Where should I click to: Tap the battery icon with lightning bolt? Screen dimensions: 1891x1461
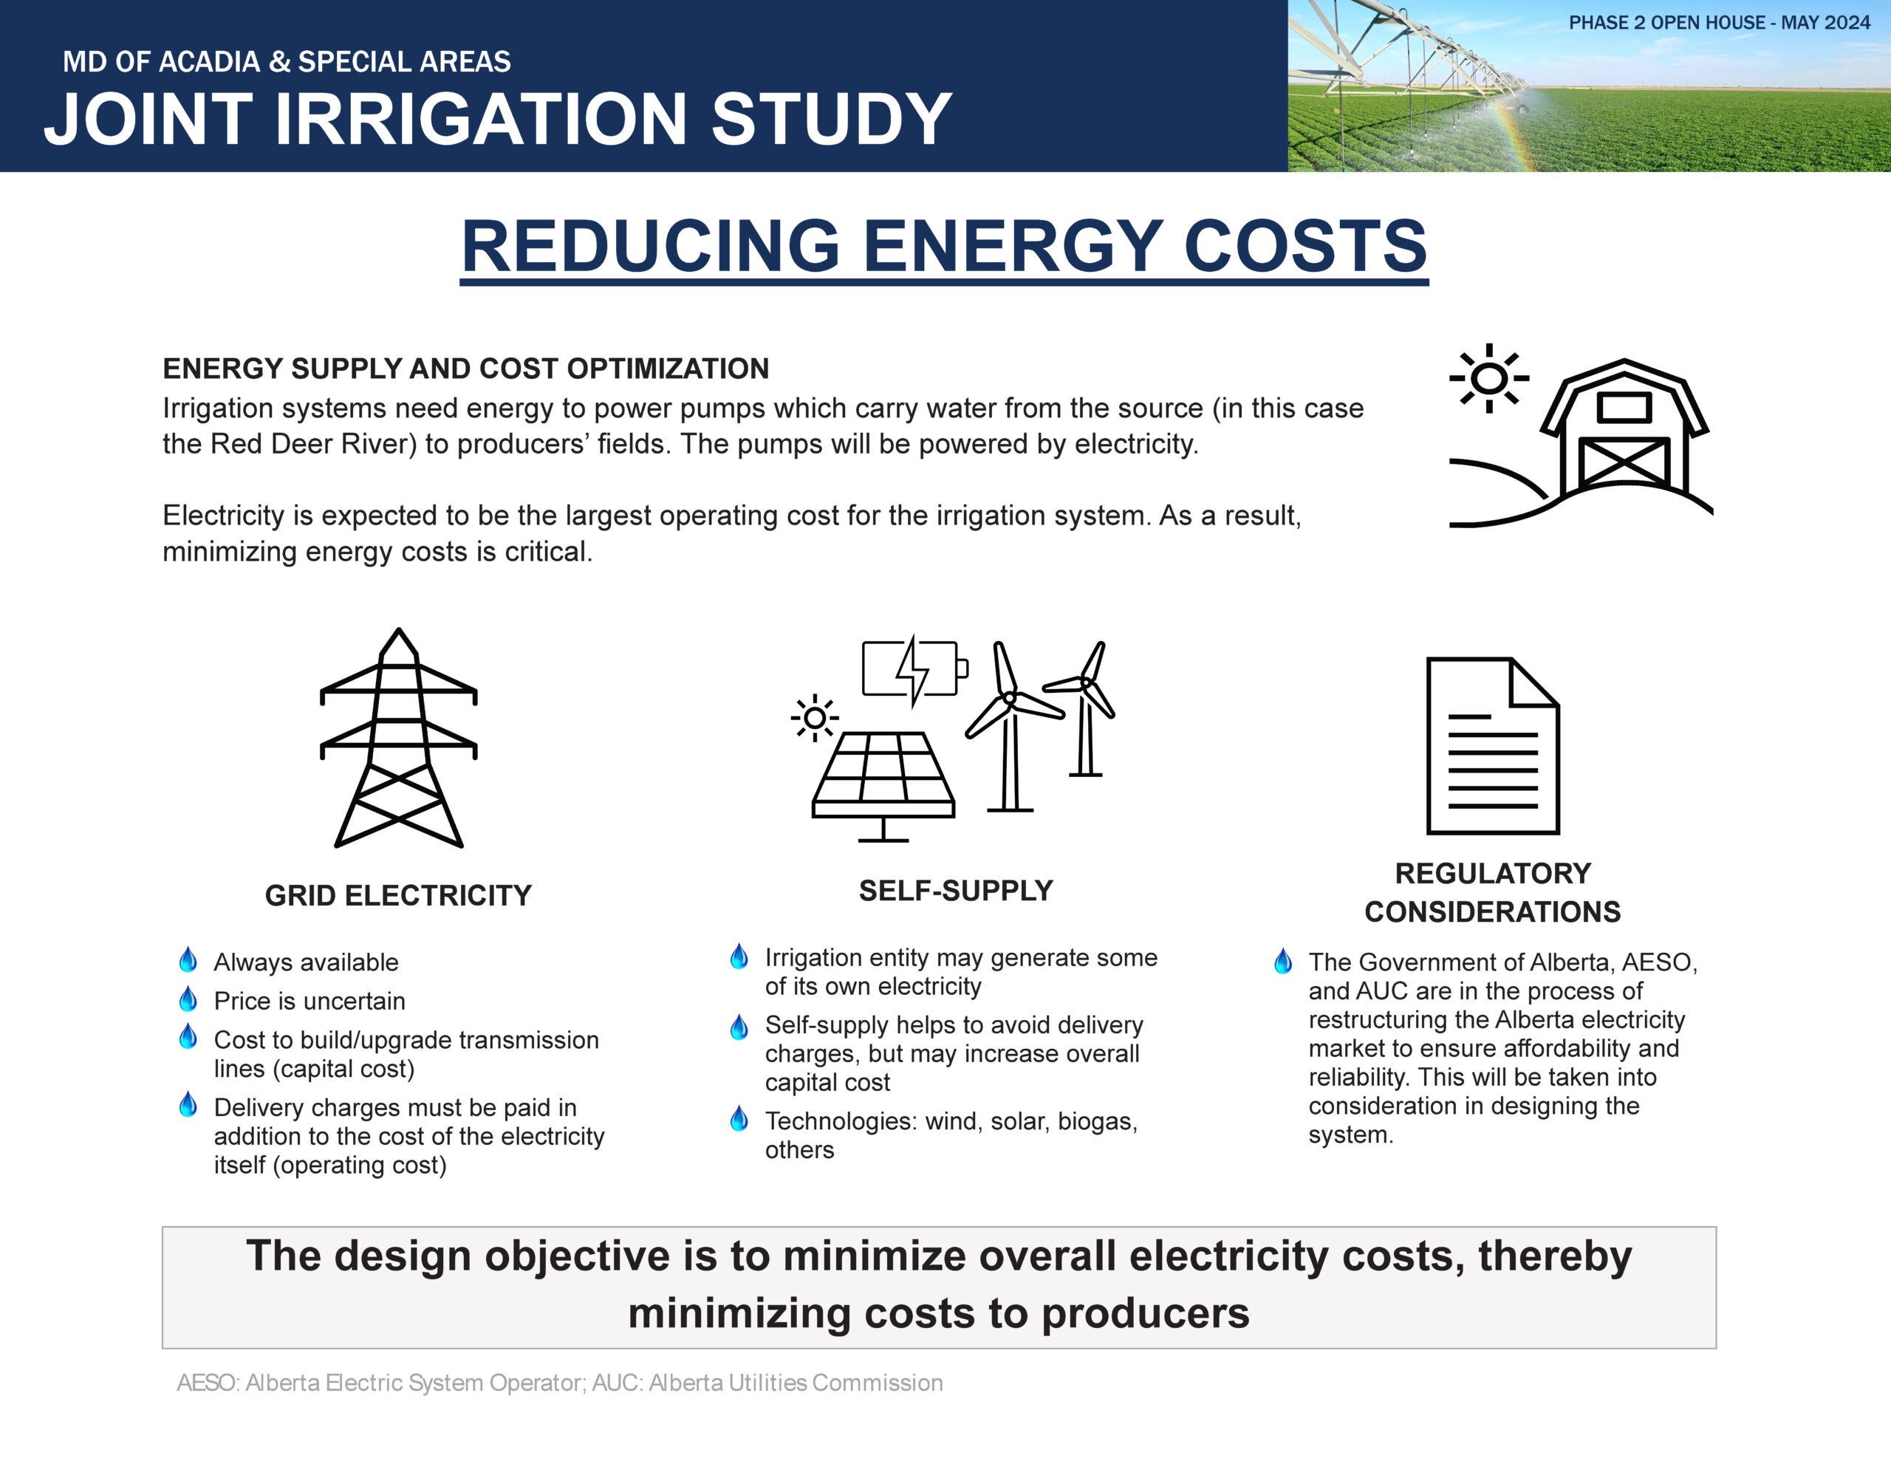(915, 668)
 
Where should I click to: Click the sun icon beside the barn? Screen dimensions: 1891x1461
(1488, 378)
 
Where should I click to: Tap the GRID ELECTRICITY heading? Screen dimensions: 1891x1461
(398, 895)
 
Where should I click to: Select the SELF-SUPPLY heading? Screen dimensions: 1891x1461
(956, 890)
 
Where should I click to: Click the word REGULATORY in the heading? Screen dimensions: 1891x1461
(1493, 873)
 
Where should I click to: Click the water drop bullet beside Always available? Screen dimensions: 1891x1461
(188, 959)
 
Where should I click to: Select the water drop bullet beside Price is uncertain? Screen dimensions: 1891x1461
(188, 999)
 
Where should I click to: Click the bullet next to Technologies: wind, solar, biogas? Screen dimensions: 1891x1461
(739, 1118)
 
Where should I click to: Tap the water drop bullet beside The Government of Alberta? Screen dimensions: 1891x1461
(1283, 960)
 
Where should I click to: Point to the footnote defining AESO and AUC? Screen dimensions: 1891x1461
(559, 1383)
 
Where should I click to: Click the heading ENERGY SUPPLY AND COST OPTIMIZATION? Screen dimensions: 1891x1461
(466, 369)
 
